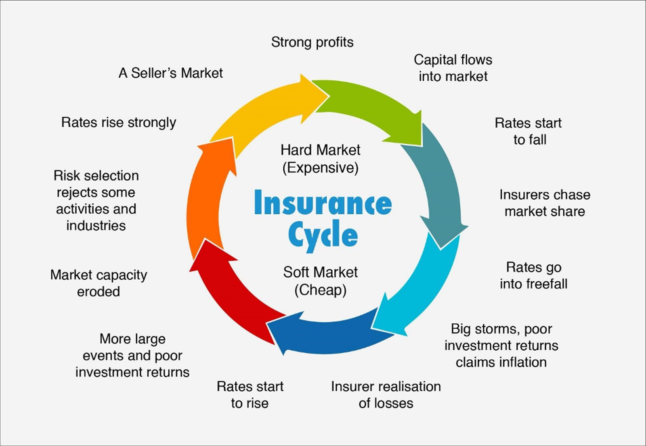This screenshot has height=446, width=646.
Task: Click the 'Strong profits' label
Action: pyautogui.click(x=312, y=42)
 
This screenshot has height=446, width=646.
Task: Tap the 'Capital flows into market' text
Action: pyautogui.click(x=453, y=68)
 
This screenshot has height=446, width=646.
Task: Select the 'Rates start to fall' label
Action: pyautogui.click(x=529, y=131)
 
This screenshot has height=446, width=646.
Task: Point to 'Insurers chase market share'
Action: pyautogui.click(x=545, y=203)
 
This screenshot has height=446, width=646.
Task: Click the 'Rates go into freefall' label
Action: pyautogui.click(x=533, y=276)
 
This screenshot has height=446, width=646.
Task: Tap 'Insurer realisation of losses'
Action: pyautogui.click(x=386, y=395)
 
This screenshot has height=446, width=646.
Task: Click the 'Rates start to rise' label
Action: pyautogui.click(x=250, y=395)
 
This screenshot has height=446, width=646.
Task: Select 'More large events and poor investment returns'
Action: pyautogui.click(x=132, y=355)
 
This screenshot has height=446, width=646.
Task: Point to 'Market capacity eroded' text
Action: pyautogui.click(x=99, y=283)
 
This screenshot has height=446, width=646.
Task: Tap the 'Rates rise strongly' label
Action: pyautogui.click(x=119, y=122)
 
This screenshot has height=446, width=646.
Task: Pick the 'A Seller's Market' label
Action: pyautogui.click(x=170, y=73)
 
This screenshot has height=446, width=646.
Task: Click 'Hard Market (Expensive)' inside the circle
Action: pyautogui.click(x=320, y=159)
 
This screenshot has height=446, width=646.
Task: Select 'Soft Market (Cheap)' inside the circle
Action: pyautogui.click(x=320, y=281)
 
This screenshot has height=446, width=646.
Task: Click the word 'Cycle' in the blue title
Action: pyautogui.click(x=323, y=235)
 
